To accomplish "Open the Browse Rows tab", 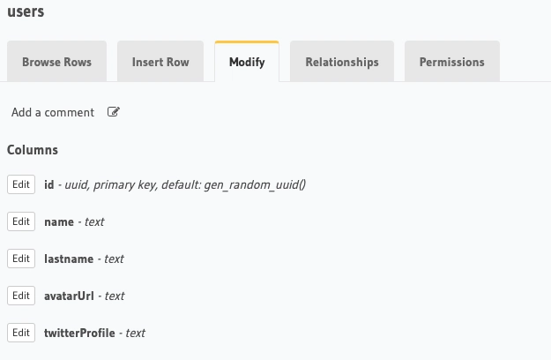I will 56,62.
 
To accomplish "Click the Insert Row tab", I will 160,62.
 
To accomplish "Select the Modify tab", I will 247,62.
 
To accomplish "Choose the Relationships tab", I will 342,62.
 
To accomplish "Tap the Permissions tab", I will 451,62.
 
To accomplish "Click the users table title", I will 26,12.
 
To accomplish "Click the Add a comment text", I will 53,112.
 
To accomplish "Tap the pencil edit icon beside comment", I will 114,112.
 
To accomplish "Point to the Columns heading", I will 33,150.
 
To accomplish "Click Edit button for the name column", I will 21,221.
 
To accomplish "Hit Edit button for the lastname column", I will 21,259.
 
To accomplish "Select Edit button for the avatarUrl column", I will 21,296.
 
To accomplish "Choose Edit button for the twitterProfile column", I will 21,333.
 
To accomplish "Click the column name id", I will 49,184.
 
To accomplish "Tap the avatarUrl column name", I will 69,296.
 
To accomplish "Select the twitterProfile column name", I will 79,333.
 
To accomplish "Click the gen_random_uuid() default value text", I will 255,184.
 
